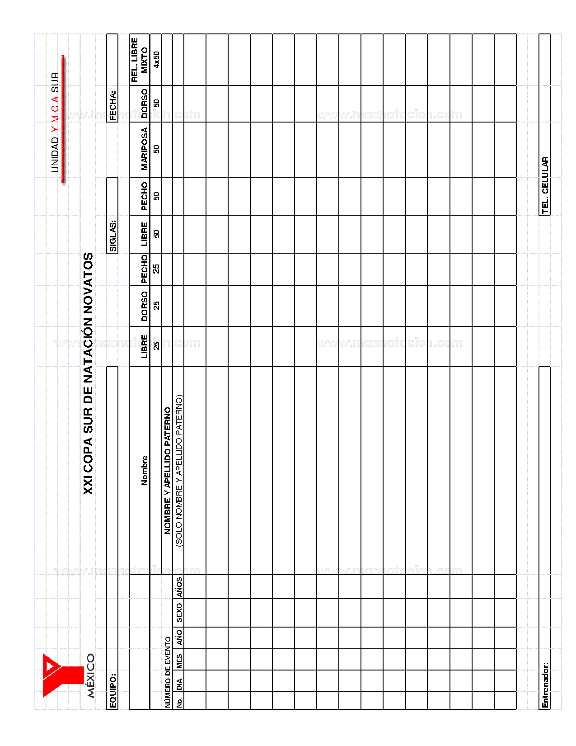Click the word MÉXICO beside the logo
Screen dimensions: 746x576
(90, 675)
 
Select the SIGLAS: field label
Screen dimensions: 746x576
(112, 236)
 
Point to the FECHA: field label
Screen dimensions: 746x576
(112, 106)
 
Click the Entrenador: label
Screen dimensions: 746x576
(545, 685)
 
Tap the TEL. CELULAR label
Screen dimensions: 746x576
(545, 185)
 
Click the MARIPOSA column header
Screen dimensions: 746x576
(144, 149)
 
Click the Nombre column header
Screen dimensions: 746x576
(144, 470)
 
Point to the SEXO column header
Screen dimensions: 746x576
(179, 612)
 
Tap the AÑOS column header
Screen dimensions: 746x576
(179, 587)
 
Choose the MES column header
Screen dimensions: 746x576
(179, 661)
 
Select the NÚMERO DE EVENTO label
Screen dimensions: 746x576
(168, 671)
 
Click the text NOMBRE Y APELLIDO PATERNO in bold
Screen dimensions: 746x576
(168, 470)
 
